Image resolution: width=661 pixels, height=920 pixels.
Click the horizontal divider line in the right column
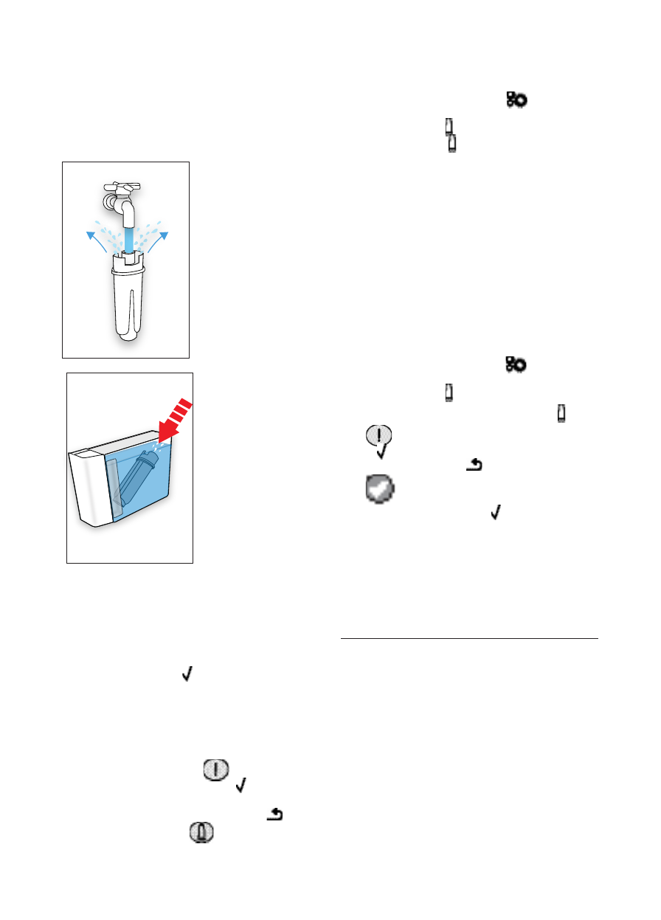469,639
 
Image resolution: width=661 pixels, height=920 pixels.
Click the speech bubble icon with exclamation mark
379,437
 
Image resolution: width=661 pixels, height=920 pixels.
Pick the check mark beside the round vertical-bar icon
240,789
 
